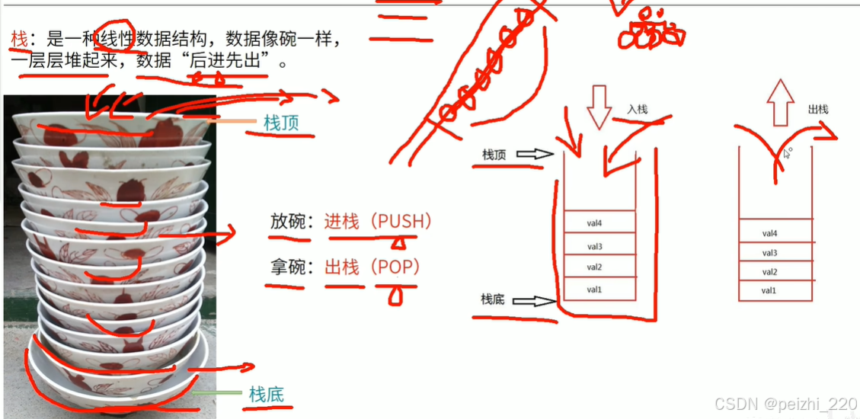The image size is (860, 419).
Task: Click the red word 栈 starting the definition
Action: [x=18, y=37]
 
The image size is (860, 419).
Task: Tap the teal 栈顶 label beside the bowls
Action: [x=281, y=123]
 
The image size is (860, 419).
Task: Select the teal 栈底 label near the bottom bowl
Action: [x=266, y=394]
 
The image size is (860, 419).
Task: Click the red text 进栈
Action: [x=341, y=222]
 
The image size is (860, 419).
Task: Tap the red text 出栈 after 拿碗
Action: [x=342, y=267]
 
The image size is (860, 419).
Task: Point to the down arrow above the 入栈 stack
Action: [x=599, y=107]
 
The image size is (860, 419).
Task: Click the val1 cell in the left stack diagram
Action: [x=599, y=289]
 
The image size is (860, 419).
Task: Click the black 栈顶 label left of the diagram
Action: [x=494, y=155]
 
